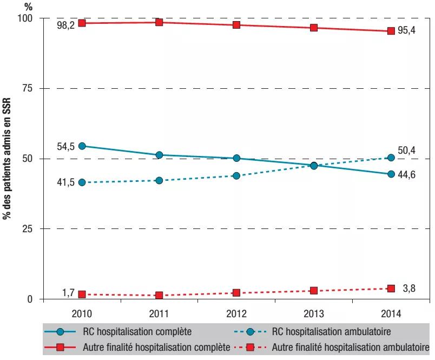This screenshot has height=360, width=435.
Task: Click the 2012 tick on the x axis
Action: coord(236,312)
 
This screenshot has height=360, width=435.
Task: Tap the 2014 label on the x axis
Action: coord(391,312)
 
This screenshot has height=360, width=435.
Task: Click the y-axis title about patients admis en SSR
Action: coord(9,162)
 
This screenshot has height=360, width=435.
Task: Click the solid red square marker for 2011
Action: coord(159,22)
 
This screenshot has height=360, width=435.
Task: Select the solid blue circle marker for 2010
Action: coord(82,146)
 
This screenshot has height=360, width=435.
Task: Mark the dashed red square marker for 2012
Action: coord(236,293)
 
